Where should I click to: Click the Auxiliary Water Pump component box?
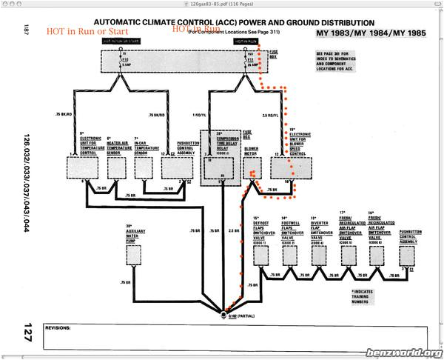(x=133, y=254)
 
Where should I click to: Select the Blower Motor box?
(x=253, y=169)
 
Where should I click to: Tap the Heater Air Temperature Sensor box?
(x=116, y=169)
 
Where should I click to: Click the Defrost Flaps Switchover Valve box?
(x=260, y=256)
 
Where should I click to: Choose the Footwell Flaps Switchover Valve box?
(x=288, y=256)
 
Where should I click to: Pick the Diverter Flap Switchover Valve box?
(x=319, y=256)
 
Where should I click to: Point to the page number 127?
(x=27, y=327)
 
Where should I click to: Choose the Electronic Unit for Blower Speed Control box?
(x=283, y=169)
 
